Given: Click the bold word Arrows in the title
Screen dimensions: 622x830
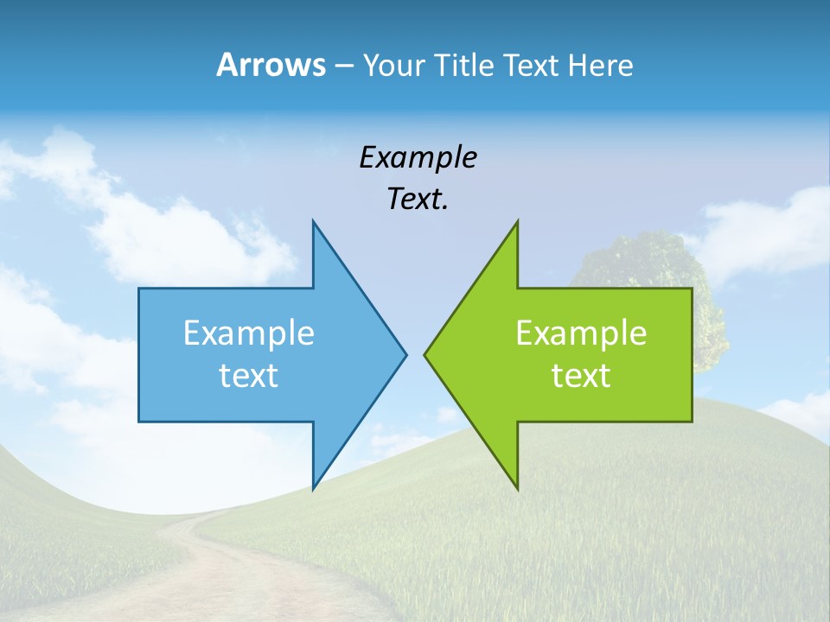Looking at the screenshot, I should point(270,65).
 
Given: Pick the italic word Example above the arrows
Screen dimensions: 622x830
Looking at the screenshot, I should point(418,158).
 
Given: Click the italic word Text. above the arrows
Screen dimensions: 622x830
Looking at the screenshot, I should point(418,200).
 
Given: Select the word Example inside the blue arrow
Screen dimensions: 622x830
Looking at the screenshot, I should point(249,333).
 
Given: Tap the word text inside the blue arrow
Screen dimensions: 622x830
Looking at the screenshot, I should point(249,376).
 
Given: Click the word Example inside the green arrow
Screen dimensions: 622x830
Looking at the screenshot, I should point(581,333).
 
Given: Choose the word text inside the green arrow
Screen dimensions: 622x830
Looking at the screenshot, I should point(581,376).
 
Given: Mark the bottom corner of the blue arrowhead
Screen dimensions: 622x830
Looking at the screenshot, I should point(314,486).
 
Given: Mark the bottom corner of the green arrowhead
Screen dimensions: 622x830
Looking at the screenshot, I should point(516,486).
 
